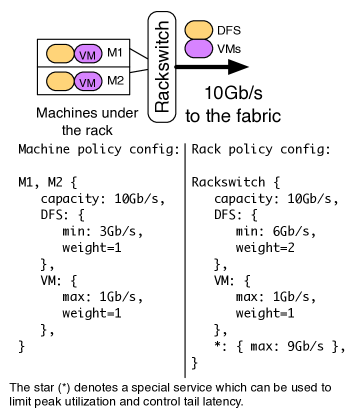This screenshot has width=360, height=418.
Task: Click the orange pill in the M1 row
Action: click(59, 54)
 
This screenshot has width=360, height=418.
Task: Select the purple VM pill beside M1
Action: click(88, 54)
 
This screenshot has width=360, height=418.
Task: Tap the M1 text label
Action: click(115, 52)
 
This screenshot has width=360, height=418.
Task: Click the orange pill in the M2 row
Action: click(59, 81)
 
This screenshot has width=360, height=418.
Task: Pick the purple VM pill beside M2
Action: click(88, 81)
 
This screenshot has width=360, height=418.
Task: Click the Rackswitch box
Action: click(162, 67)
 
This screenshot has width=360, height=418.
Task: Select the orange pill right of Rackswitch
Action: click(199, 30)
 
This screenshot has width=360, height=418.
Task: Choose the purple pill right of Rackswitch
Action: click(199, 48)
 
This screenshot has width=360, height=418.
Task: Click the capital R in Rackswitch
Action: click(162, 106)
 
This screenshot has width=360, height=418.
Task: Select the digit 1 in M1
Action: click(120, 52)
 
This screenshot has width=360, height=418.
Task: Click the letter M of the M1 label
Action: click(112, 52)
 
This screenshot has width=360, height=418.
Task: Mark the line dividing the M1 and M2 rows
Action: click(84, 67)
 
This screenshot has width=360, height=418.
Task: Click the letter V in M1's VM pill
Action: click(84, 55)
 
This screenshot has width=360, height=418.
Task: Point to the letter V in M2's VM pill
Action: click(84, 82)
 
